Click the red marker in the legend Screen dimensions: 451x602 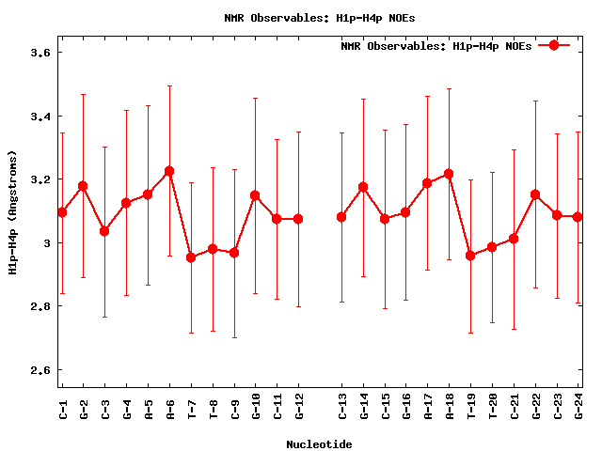554,45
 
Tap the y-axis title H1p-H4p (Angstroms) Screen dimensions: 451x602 12,211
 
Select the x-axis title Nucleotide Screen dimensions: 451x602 320,443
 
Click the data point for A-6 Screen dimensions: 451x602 169,171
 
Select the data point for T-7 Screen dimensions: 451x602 191,257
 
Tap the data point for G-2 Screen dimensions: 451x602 83,186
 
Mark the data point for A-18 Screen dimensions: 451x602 449,174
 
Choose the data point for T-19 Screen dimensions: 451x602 470,256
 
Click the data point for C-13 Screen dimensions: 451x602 341,217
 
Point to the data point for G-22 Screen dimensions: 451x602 535,194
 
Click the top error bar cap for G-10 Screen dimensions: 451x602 255,98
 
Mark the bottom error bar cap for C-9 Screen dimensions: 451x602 234,337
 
